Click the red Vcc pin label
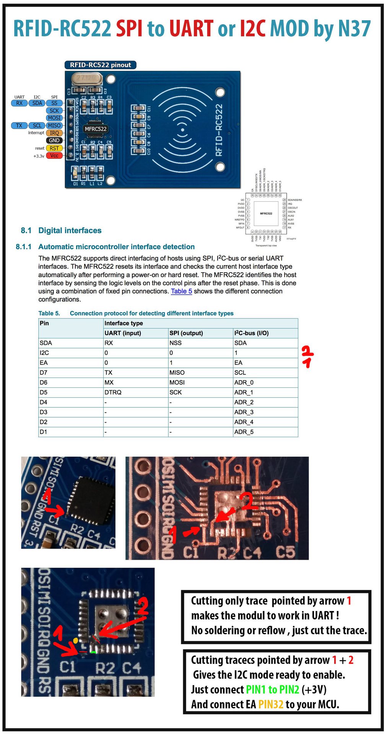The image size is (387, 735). (x=54, y=155)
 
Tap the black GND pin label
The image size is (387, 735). (x=54, y=140)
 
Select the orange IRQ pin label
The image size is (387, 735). (x=54, y=133)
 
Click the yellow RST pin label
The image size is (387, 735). (x=54, y=148)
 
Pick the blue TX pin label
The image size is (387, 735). (x=19, y=126)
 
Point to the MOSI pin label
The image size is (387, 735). (x=54, y=118)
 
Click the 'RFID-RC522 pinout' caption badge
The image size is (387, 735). (x=100, y=65)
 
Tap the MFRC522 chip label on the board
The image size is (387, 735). (x=96, y=129)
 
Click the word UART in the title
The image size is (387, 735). (x=191, y=29)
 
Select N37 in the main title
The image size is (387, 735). (x=354, y=29)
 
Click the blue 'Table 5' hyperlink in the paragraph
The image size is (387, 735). (x=181, y=291)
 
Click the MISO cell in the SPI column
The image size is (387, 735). (x=177, y=372)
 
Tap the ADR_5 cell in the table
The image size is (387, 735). (x=244, y=432)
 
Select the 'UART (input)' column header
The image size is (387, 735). (x=123, y=333)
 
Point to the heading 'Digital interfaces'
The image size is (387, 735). (x=70, y=230)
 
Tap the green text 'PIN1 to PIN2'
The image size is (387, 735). (x=272, y=689)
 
